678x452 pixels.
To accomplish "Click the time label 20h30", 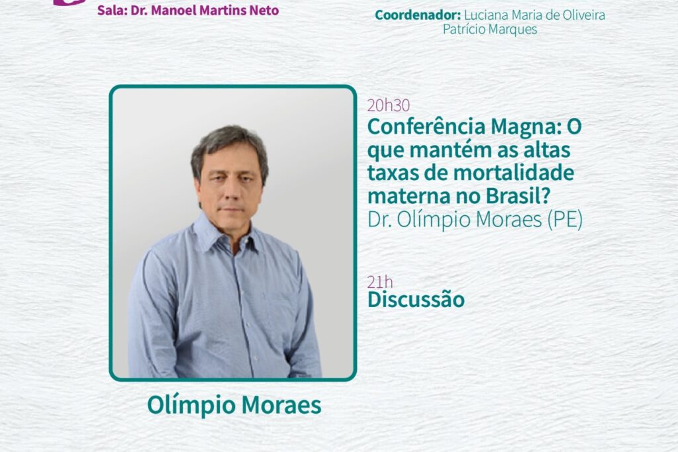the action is pos(388,105).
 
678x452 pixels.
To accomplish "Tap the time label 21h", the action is pos(380,282).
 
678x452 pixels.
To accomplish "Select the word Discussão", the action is pos(416,300).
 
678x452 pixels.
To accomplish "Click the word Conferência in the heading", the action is pos(426,126).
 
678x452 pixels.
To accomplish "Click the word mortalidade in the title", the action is pos(514,173).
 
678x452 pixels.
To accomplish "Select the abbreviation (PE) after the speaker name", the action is pos(565,220).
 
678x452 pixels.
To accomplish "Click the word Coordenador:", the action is pos(418,15).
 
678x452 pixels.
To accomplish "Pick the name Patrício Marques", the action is pos(490,29).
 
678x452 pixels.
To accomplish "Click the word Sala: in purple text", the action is pos(112,10).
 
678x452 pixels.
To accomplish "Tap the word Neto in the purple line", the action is pos(264,10).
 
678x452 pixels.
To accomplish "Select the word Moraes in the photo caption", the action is pos(281,405).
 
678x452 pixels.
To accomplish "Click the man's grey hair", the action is pos(229,145).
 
